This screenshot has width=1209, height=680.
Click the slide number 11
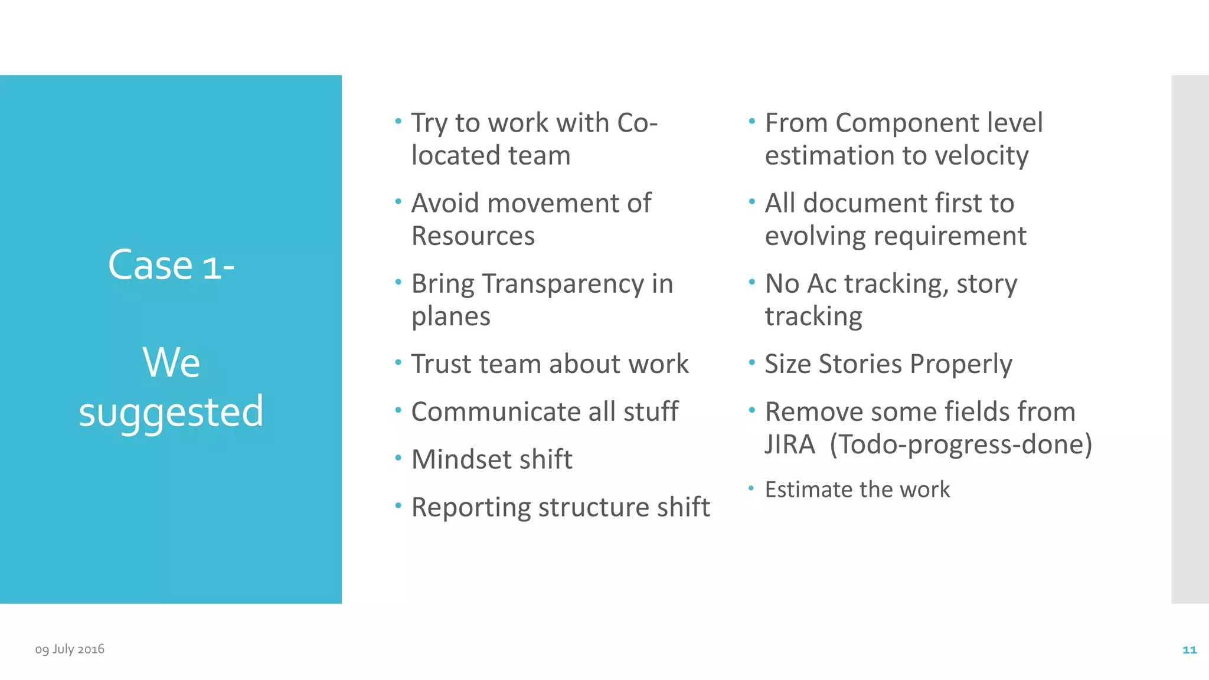(x=1189, y=650)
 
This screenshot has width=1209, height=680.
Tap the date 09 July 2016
(x=70, y=649)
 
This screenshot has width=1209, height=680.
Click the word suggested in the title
(x=171, y=412)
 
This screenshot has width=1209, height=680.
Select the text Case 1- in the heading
(x=171, y=265)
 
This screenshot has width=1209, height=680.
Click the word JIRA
(x=790, y=444)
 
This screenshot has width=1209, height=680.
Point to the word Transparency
(x=563, y=284)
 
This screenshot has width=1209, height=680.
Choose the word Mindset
(x=459, y=459)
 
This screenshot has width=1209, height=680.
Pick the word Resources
(x=473, y=236)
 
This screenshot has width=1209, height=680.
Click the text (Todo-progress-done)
(x=961, y=444)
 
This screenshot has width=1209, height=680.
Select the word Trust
(x=437, y=364)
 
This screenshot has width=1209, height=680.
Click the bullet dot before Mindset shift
(x=398, y=457)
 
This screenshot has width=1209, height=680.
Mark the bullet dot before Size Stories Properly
(x=752, y=362)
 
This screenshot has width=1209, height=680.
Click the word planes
(x=451, y=317)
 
